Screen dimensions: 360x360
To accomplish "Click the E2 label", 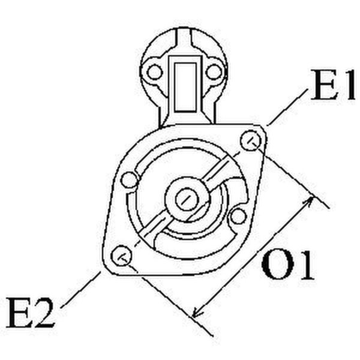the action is pos(31,313).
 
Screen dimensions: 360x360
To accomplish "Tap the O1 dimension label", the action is pos(287,265).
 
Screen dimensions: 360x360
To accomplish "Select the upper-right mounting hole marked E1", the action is pos(251,140).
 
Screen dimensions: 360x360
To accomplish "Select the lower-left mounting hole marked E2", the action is pos(121,256).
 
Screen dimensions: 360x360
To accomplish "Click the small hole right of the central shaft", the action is pos(238,216).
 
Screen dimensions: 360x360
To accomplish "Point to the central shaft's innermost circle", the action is pos(187,199).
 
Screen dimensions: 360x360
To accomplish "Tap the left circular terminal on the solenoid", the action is pos(155,72).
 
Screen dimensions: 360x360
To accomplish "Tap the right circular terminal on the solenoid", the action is pos(214,72).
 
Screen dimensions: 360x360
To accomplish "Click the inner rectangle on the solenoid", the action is pos(185,87).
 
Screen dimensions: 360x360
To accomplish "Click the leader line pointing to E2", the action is pos(80,290).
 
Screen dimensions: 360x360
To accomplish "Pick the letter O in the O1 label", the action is pos(277,265).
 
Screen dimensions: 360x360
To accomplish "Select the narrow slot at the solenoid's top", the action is pos(184,38).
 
